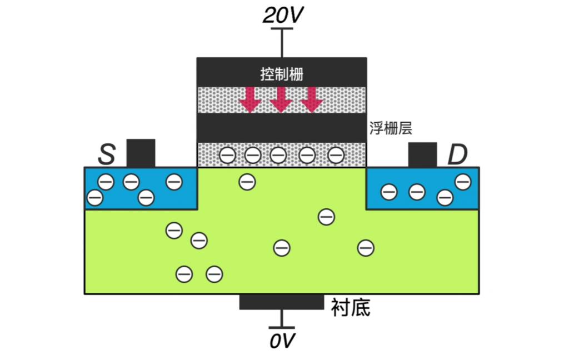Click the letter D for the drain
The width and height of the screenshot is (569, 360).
click(x=457, y=156)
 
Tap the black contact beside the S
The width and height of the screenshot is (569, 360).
click(x=141, y=153)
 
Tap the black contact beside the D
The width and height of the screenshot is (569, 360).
click(x=422, y=154)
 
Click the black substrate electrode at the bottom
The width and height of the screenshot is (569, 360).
click(x=281, y=302)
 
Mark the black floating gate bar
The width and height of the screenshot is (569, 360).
click(x=282, y=128)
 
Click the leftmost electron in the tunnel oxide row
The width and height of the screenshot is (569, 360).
click(x=227, y=156)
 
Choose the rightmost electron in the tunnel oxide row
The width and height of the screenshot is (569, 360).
click(x=336, y=156)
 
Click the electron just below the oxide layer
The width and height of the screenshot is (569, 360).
click(x=247, y=181)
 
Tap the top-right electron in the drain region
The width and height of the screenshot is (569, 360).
click(x=462, y=181)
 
